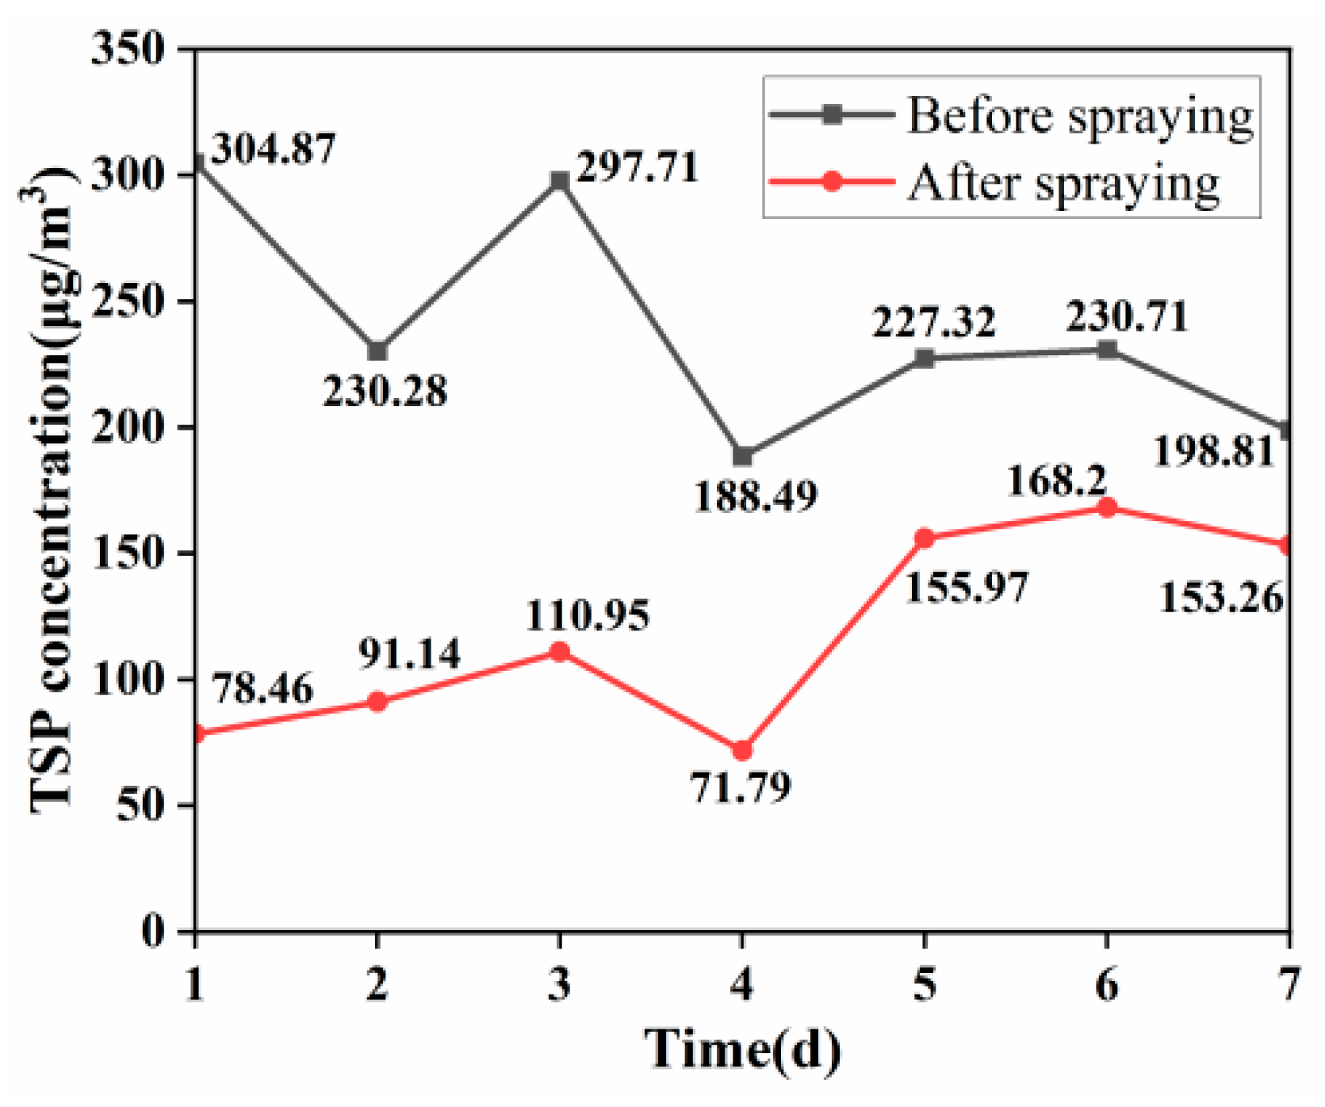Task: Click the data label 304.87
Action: (x=274, y=148)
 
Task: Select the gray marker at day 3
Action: (x=560, y=181)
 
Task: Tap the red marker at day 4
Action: (x=742, y=750)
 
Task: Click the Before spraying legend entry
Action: (x=1011, y=115)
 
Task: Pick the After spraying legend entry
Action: (x=995, y=182)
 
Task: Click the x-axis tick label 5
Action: (x=925, y=985)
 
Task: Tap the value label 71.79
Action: (x=741, y=787)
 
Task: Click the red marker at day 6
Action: (x=1107, y=508)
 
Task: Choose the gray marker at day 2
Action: (x=377, y=350)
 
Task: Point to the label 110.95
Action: (x=588, y=615)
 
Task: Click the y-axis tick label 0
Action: (x=153, y=930)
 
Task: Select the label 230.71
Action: (x=1127, y=316)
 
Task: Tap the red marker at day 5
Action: (x=925, y=538)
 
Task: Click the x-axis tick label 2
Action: (x=377, y=985)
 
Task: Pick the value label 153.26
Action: (x=1221, y=597)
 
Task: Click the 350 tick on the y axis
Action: (x=128, y=49)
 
